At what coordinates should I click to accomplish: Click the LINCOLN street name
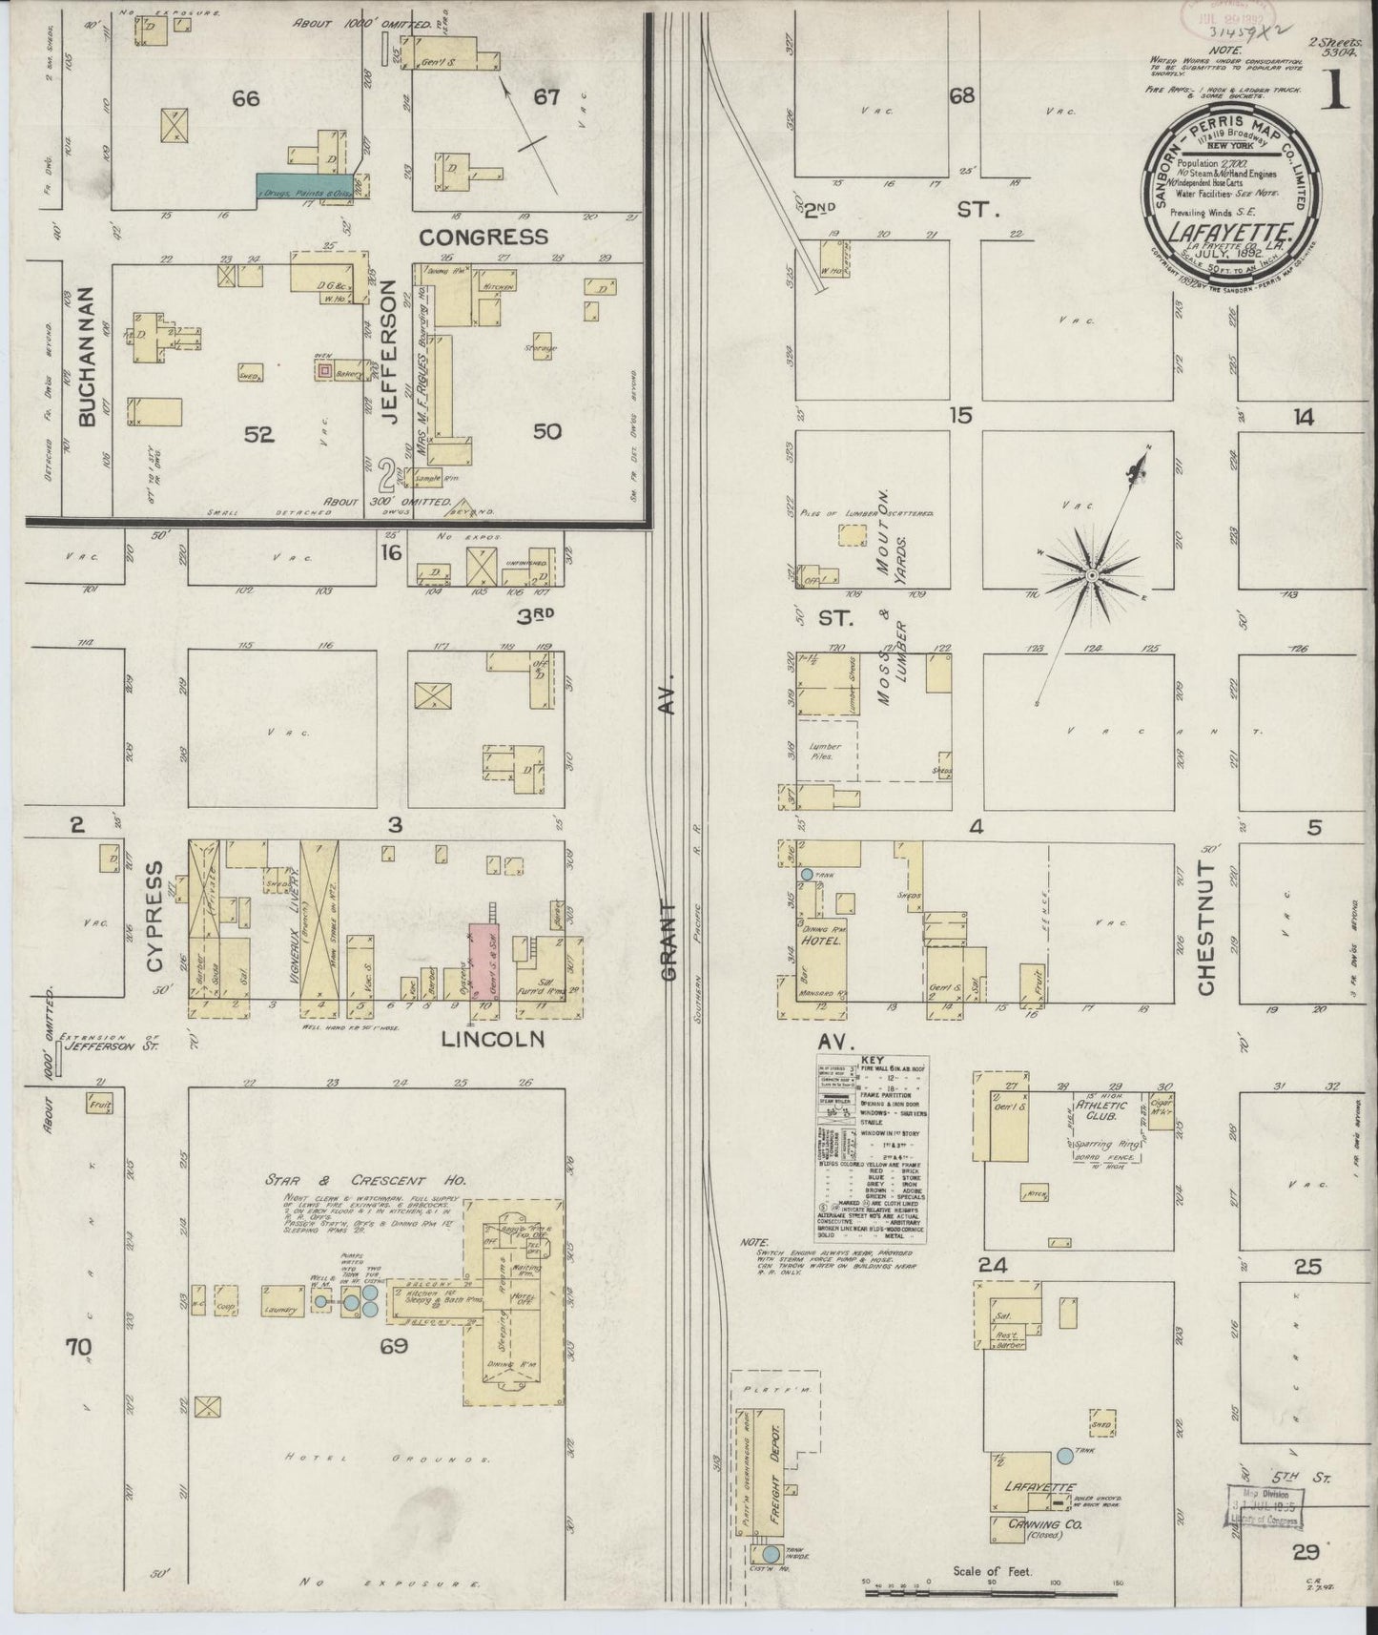[x=492, y=1040]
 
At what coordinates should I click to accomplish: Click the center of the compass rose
[x=1091, y=575]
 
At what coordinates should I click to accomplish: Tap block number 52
[x=258, y=434]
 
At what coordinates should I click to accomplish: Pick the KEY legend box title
[x=871, y=1060]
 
